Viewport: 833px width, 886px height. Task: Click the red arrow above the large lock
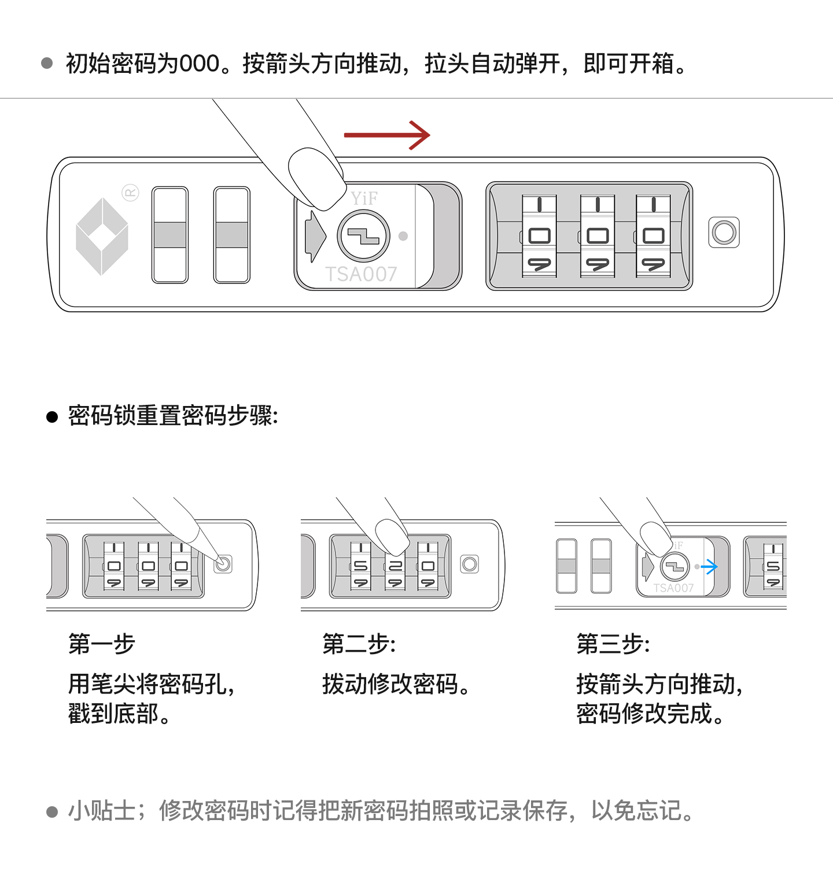(386, 135)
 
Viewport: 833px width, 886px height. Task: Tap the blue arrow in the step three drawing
(710, 567)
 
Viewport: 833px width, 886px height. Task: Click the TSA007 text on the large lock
(361, 274)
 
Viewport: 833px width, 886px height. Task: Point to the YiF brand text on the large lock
(364, 198)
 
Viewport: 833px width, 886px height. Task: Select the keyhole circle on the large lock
(363, 236)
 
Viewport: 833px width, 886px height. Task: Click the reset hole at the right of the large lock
(724, 232)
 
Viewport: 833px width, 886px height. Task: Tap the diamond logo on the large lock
(102, 236)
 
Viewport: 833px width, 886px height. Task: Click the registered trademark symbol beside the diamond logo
(131, 193)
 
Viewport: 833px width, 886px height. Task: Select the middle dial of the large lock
(597, 236)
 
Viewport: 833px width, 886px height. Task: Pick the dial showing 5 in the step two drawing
(361, 566)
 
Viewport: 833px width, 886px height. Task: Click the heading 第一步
(102, 644)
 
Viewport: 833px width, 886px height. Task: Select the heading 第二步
(359, 644)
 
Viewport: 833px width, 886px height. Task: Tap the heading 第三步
(613, 644)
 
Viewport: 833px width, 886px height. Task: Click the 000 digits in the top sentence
(199, 64)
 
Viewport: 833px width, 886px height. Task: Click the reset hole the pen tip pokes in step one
(223, 563)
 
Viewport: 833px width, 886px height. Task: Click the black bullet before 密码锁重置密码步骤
(52, 417)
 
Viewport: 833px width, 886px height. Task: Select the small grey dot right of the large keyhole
(403, 236)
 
